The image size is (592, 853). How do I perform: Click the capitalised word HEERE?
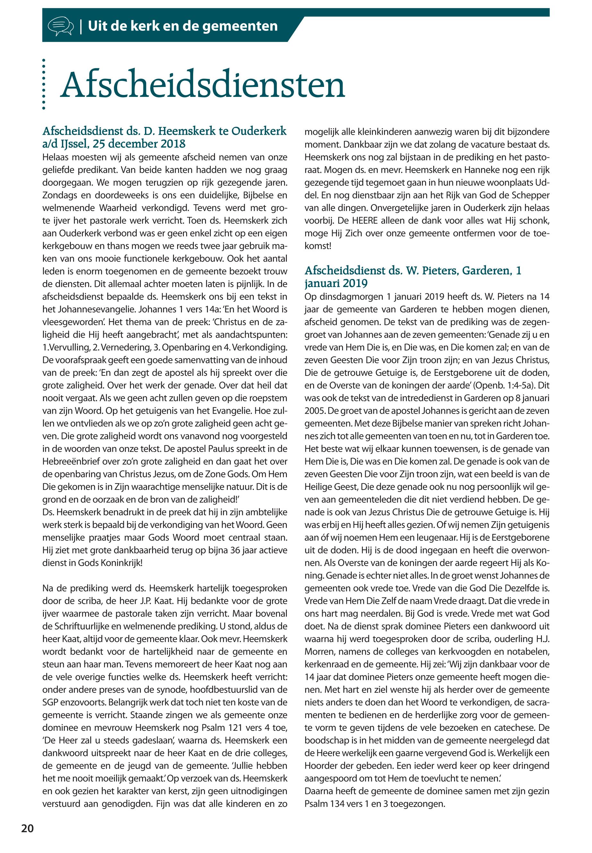364,221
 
